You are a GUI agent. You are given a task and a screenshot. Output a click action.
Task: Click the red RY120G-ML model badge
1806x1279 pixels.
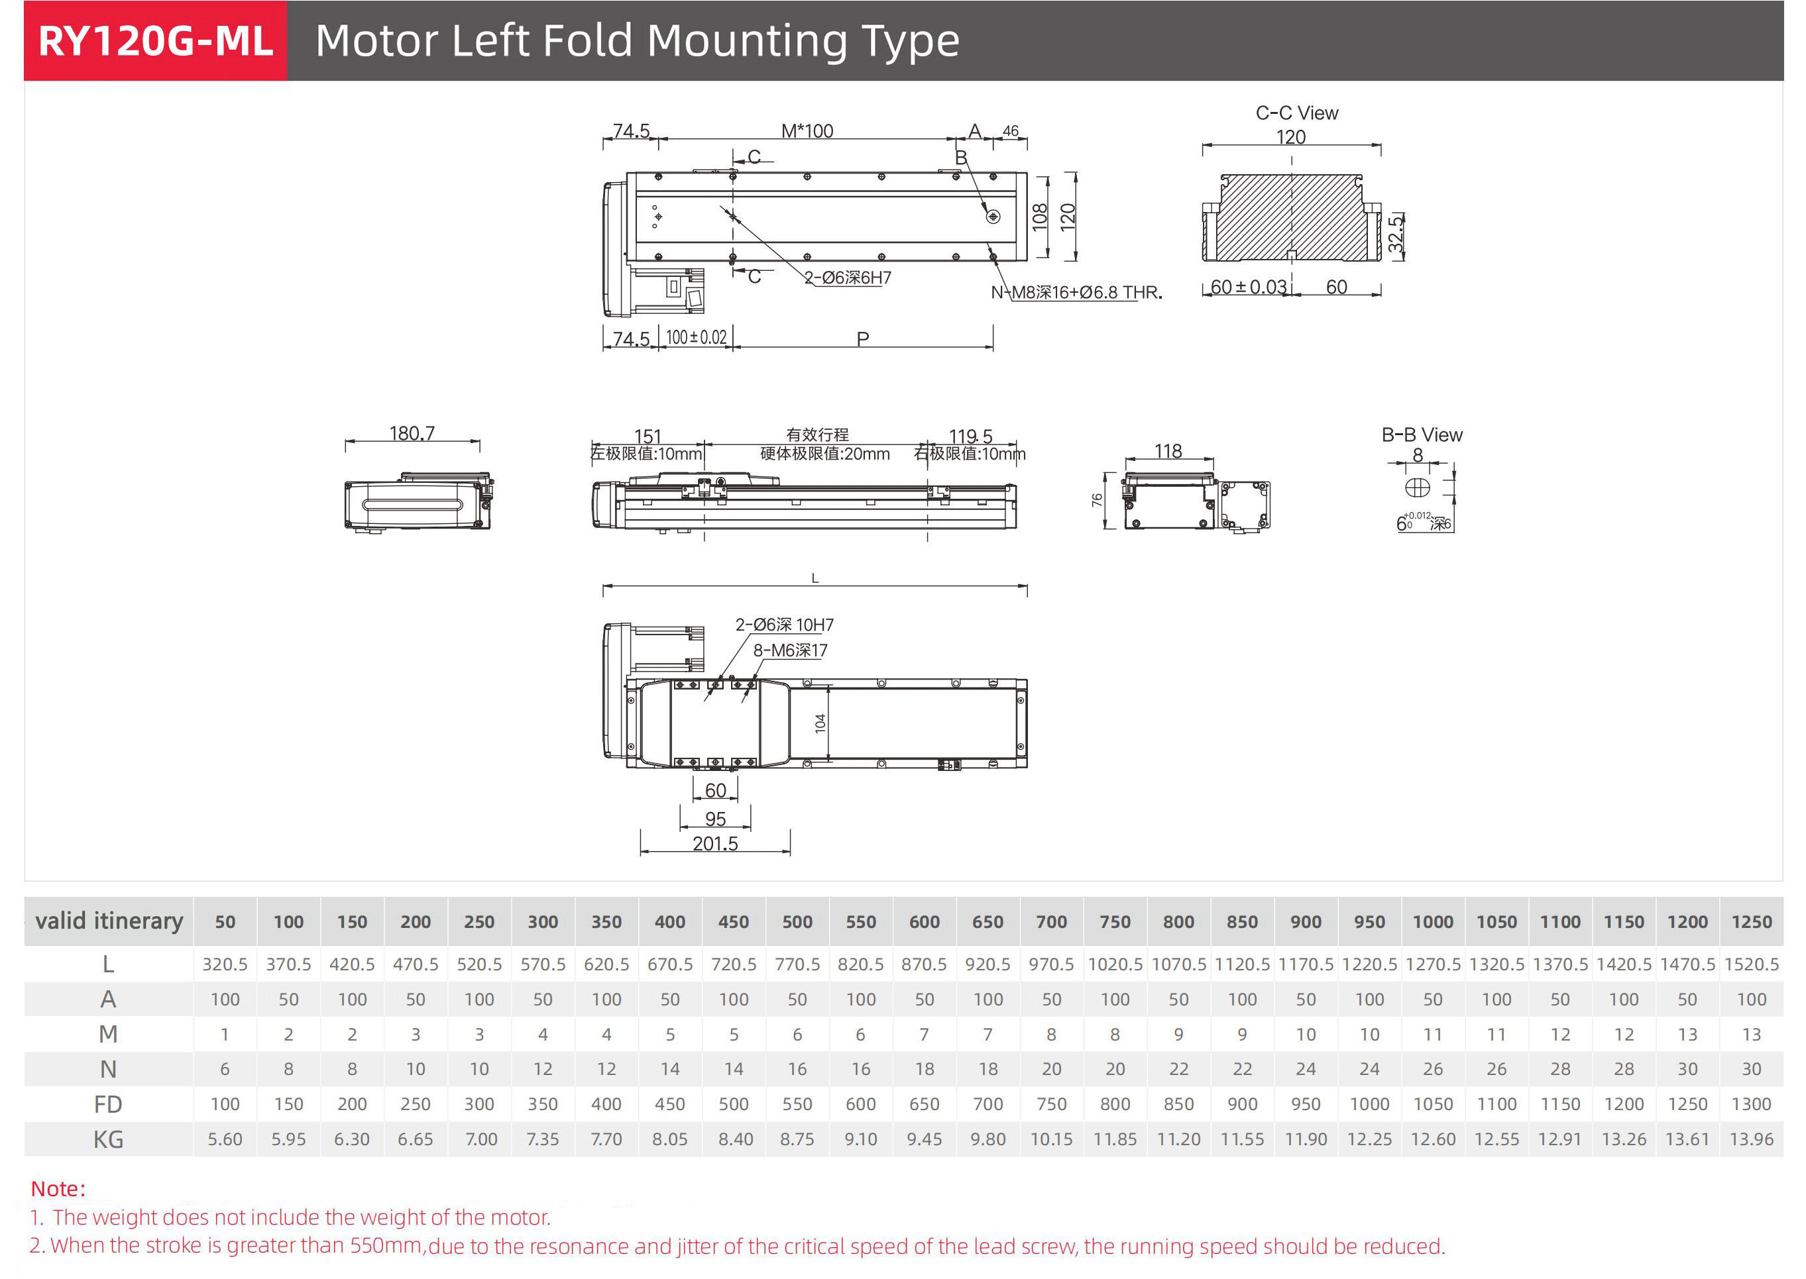coord(155,41)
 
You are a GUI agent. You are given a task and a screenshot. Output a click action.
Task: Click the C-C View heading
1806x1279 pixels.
coord(1296,113)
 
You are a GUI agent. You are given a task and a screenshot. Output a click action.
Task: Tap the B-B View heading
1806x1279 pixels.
coord(1422,435)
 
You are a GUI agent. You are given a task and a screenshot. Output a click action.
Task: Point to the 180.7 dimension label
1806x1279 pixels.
coord(412,433)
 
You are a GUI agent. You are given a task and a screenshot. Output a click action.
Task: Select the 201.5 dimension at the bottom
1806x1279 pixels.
coord(714,843)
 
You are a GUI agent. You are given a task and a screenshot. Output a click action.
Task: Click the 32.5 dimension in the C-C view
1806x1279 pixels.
coord(1396,234)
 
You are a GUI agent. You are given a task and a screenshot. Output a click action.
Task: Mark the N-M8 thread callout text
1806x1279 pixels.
coord(1076,292)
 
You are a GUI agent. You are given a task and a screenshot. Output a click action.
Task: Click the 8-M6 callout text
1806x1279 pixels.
coord(789,650)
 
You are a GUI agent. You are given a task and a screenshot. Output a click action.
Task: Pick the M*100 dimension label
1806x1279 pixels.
coord(807,130)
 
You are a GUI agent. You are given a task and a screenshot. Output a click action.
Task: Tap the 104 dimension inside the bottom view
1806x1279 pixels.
coord(820,724)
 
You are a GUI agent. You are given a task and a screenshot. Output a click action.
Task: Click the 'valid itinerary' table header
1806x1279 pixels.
coord(109,921)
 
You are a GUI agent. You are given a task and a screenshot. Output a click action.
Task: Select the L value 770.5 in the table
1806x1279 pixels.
coord(797,964)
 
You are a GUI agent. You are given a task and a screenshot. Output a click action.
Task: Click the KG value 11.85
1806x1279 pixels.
coord(1114,1139)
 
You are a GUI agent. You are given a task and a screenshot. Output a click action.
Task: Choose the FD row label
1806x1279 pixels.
coord(108,1104)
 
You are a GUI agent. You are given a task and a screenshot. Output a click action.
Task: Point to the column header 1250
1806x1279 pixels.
coord(1750,921)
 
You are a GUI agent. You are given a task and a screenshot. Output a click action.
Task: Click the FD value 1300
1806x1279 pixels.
coord(1750,1104)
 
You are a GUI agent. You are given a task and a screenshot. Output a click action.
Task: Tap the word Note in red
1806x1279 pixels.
coord(57,1188)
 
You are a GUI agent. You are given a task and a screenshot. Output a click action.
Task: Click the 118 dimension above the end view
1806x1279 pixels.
coord(1168,451)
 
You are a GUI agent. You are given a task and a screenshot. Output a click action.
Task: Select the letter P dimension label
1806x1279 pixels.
coord(863,338)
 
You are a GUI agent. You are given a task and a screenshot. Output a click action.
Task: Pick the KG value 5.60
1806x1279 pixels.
coord(225,1139)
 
